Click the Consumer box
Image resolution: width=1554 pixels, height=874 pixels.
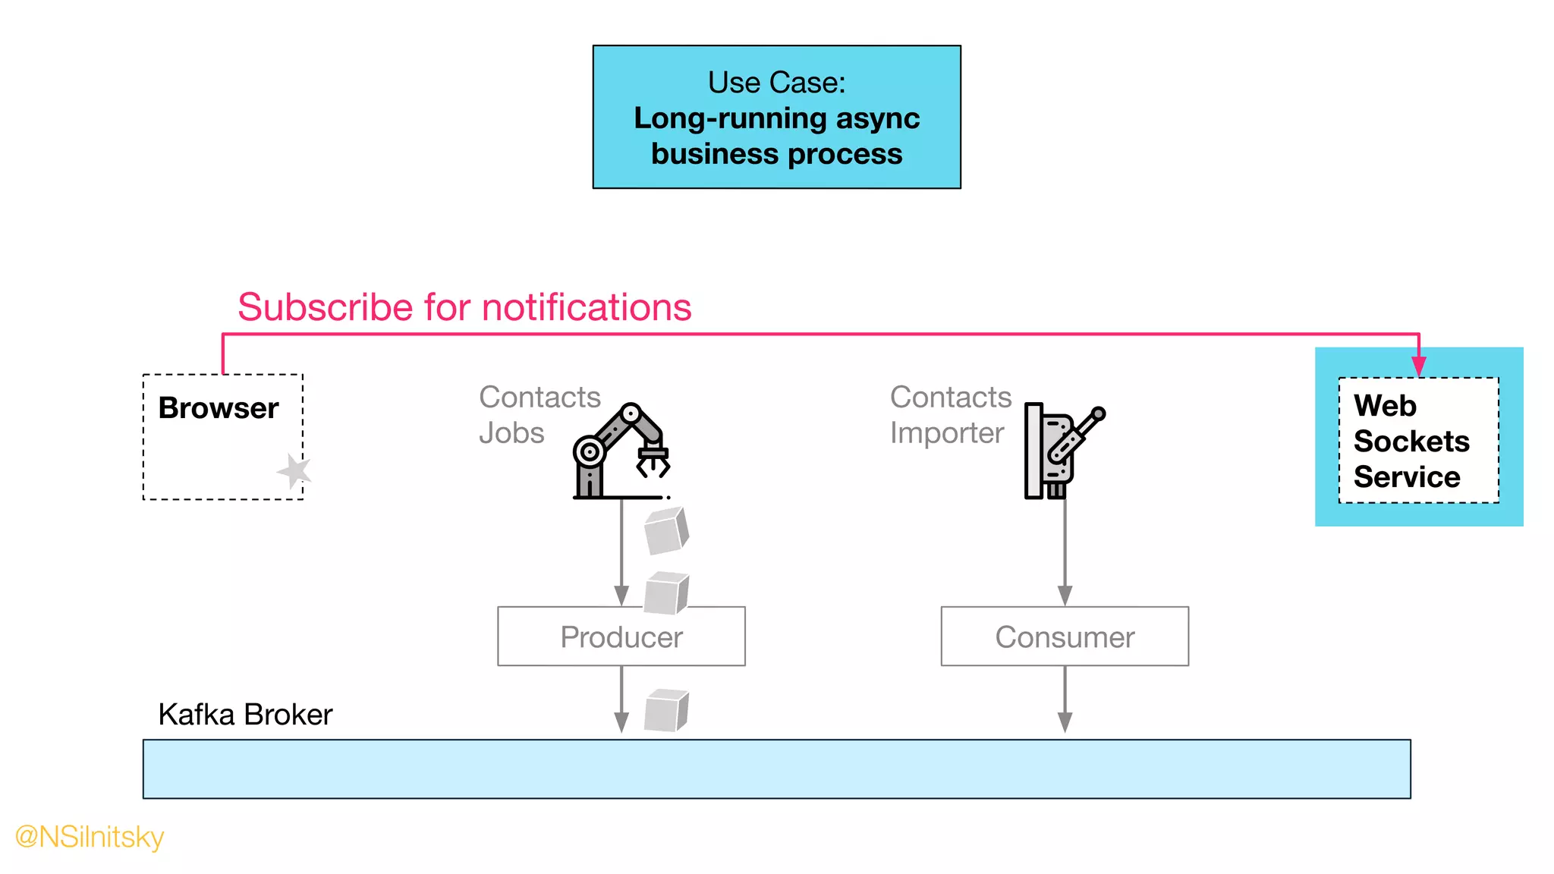(1064, 637)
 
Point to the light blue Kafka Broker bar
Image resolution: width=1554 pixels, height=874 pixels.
(775, 769)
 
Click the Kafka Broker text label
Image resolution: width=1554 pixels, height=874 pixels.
(245, 715)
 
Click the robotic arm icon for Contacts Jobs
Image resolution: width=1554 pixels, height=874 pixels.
(621, 451)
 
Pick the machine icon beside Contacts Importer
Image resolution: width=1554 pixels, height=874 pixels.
(1062, 451)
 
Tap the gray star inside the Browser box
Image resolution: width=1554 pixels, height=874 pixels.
(294, 471)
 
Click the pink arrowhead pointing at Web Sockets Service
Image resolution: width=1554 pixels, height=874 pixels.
(1418, 366)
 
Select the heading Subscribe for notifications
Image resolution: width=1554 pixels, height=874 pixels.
(464, 307)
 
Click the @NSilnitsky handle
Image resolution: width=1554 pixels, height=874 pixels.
(90, 837)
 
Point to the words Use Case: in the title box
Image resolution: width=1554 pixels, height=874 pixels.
(776, 83)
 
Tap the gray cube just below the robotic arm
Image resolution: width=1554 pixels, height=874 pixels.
(665, 531)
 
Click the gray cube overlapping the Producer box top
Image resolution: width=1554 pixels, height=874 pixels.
(665, 593)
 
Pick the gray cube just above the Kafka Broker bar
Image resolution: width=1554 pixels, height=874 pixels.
(665, 710)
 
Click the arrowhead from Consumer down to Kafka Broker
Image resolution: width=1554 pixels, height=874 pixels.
(1065, 722)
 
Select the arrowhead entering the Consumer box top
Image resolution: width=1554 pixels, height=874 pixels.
(1065, 596)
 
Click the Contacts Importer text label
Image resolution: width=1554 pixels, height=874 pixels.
(949, 415)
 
